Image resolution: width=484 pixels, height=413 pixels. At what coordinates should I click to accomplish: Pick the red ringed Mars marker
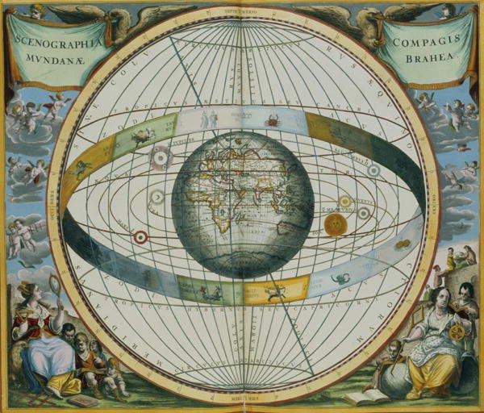(140, 237)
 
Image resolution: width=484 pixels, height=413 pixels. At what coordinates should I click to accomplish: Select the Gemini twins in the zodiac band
(209, 119)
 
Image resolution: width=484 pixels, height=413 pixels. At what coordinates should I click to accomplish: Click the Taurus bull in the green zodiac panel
(144, 136)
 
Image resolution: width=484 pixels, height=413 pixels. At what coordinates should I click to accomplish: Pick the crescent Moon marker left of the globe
(158, 196)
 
